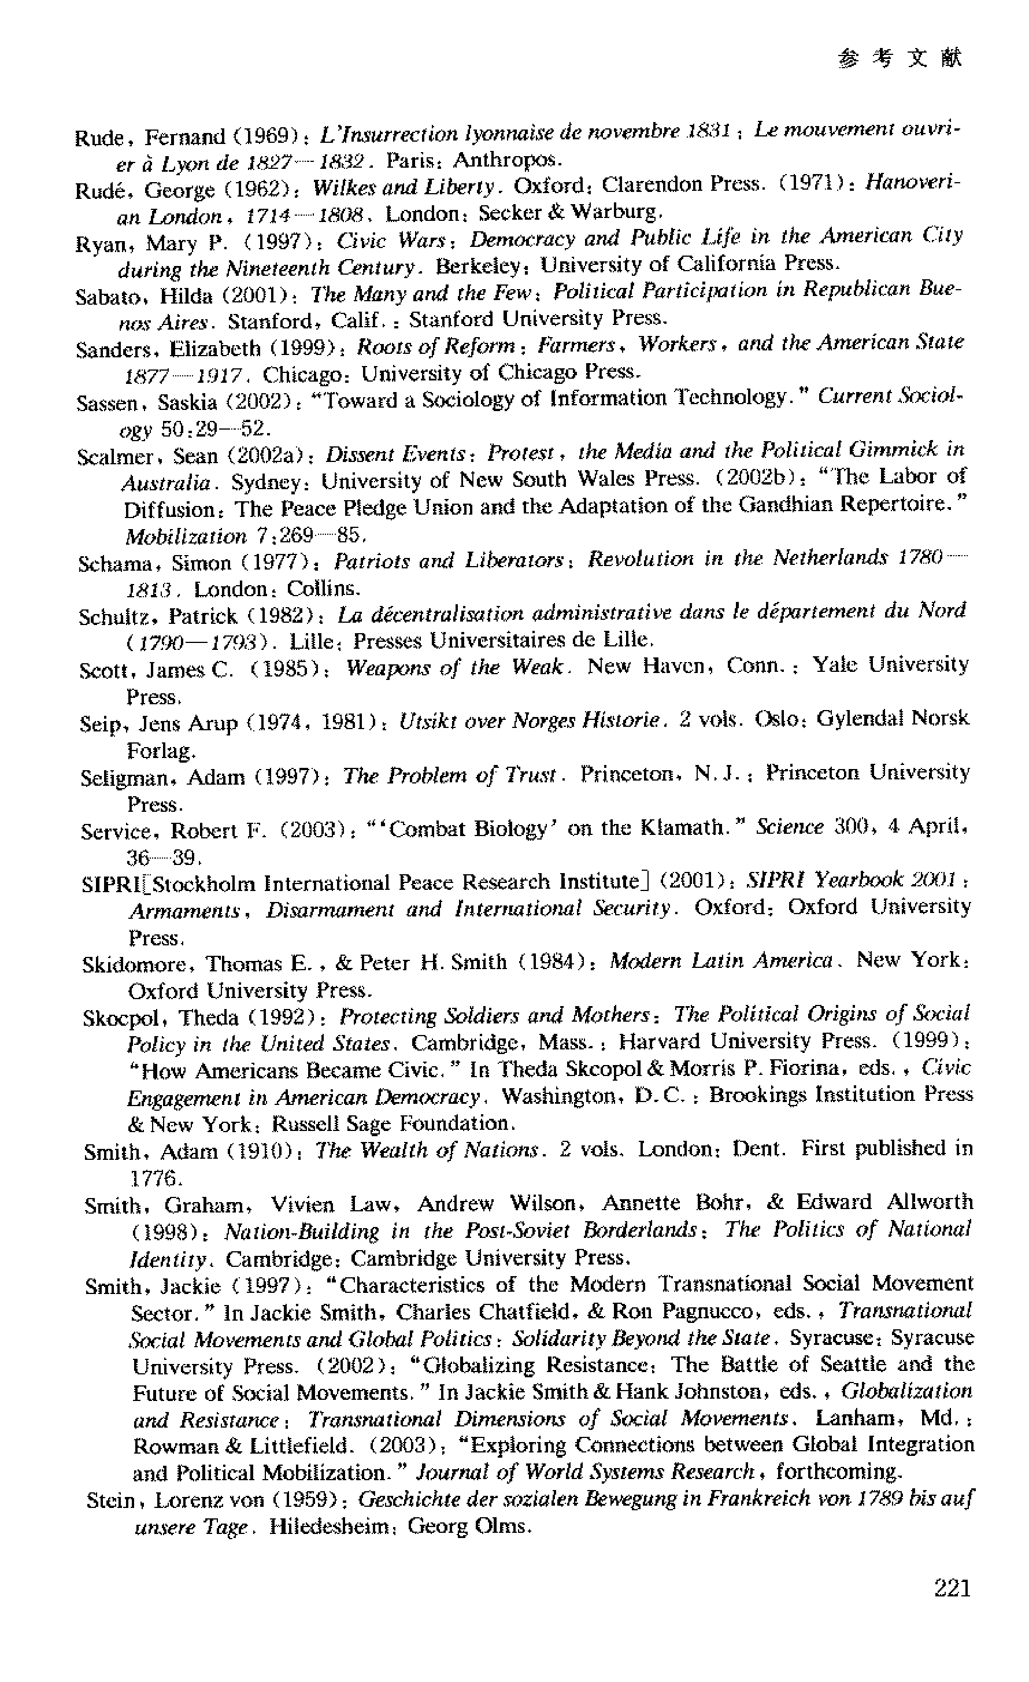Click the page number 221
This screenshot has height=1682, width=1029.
pyautogui.click(x=952, y=1588)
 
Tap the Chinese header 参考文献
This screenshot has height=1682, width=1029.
pyautogui.click(x=900, y=59)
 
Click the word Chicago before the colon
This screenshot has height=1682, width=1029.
pyautogui.click(x=306, y=374)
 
